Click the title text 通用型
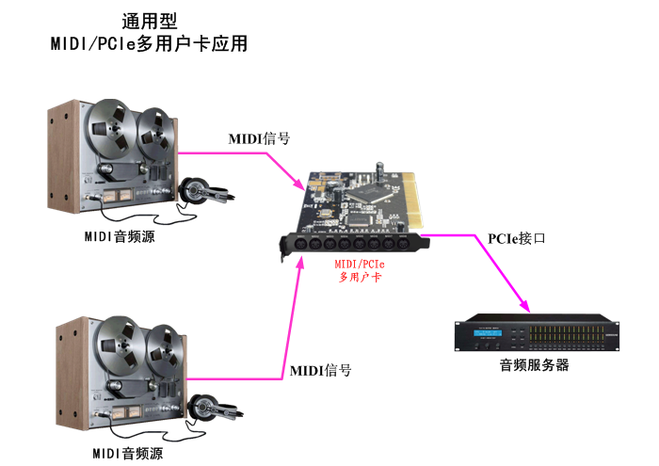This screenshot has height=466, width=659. [x=150, y=20]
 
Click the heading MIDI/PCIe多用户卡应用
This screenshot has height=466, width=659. [x=149, y=43]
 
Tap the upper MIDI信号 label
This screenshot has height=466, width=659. [x=259, y=138]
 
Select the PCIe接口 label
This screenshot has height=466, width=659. [x=517, y=238]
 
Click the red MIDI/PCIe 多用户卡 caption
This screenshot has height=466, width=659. [x=360, y=269]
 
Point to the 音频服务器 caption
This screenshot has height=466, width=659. [x=534, y=365]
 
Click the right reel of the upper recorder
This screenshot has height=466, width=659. [x=155, y=132]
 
